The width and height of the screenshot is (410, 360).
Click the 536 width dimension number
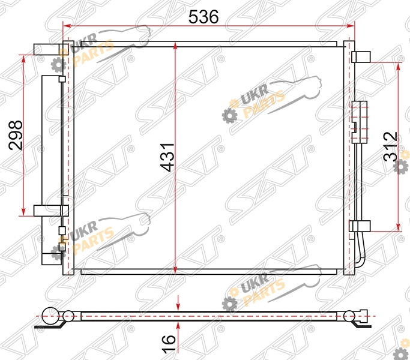click(203, 17)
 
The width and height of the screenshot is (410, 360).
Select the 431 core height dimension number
click(167, 157)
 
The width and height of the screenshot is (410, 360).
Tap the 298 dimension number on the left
click(16, 135)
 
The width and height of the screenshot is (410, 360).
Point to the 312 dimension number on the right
click(390, 146)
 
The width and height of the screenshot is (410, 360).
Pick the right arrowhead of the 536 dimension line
click(351, 26)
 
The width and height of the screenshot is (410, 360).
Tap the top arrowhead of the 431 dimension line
click(175, 47)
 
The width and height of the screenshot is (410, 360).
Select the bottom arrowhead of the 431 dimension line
click(175, 269)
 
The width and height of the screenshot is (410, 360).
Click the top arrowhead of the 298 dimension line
click(23, 59)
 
